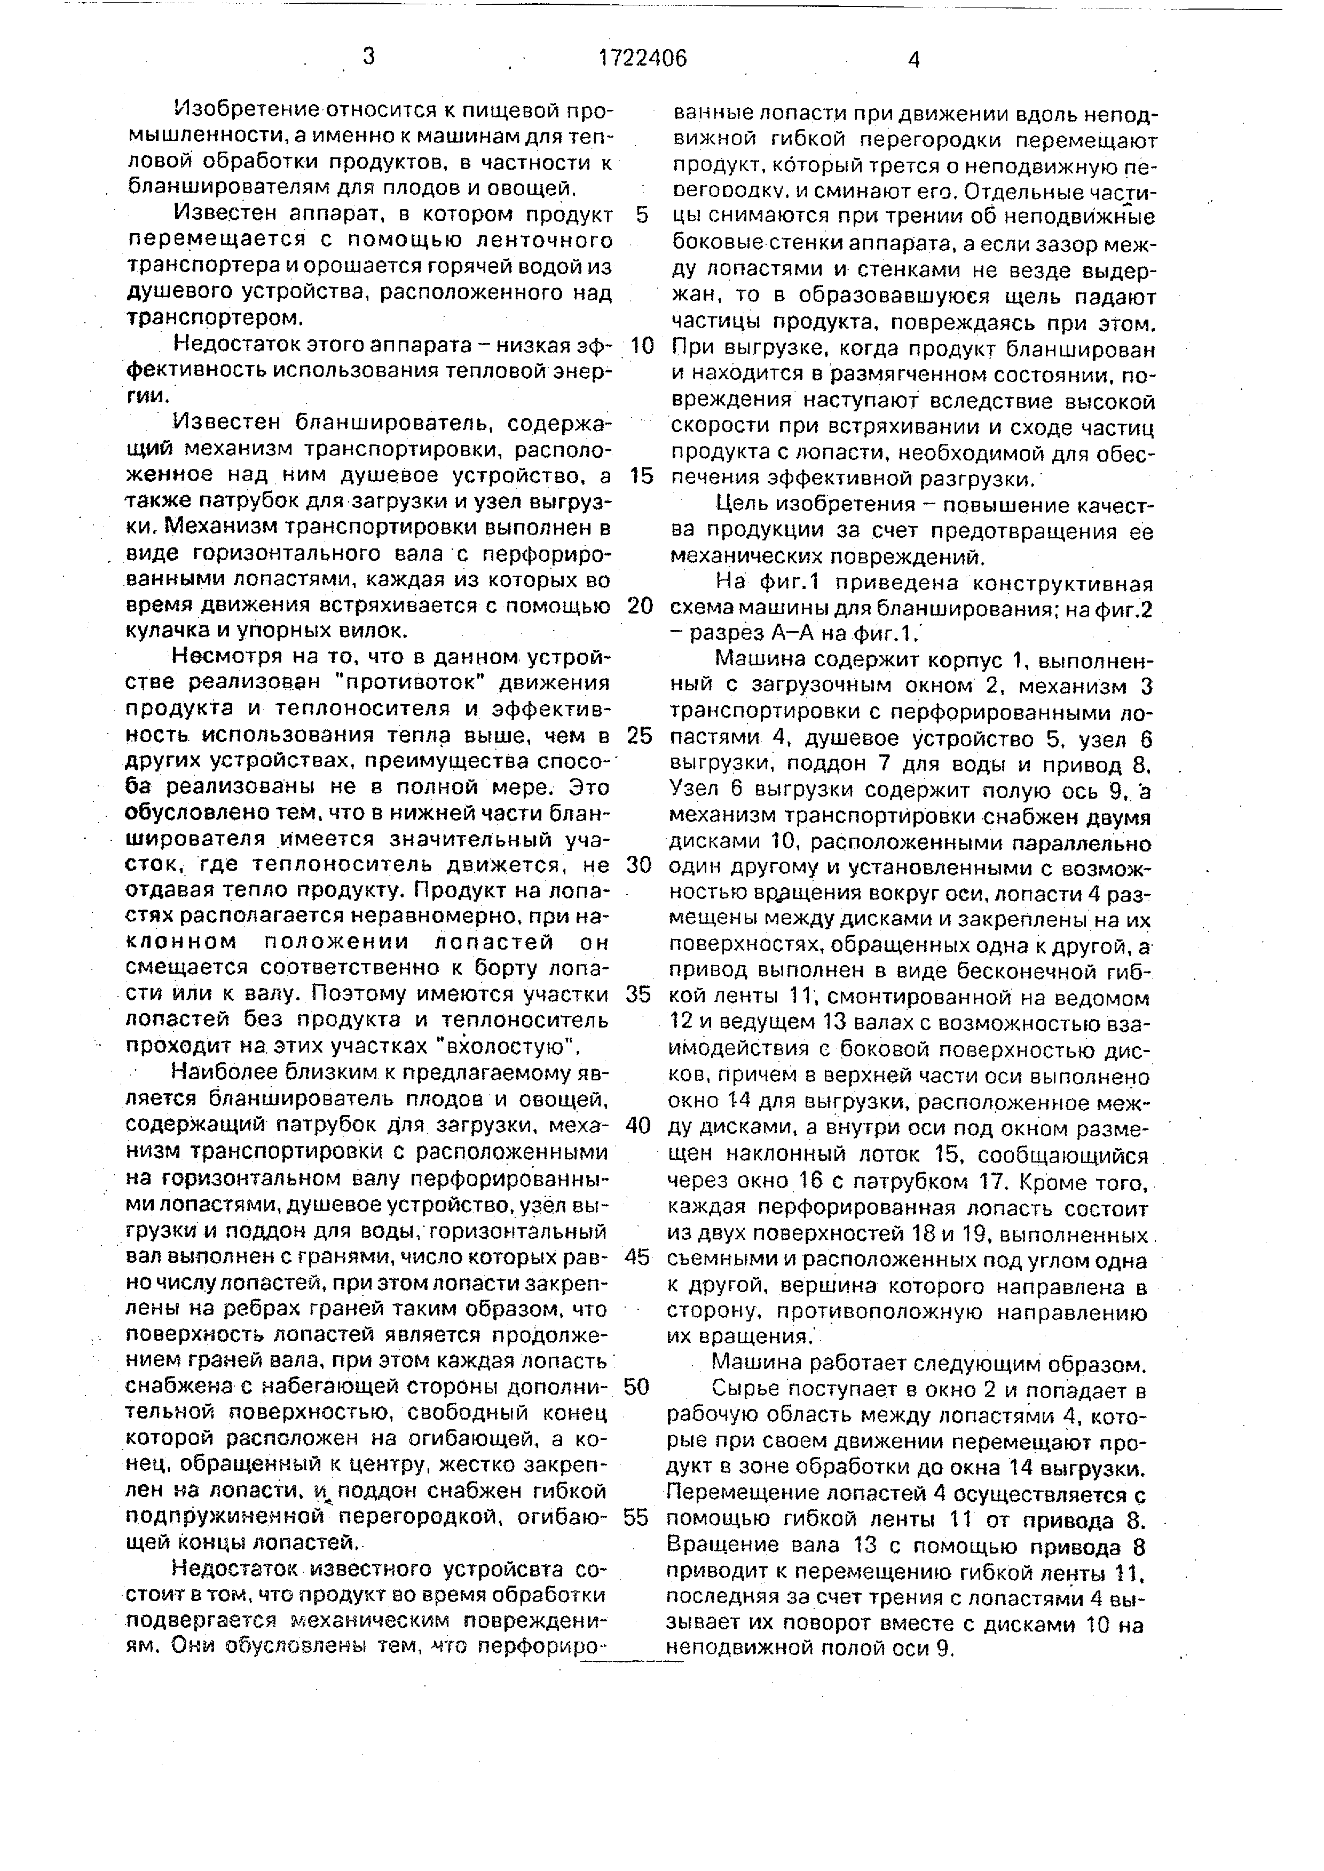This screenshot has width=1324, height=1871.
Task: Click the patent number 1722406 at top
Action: pyautogui.click(x=642, y=58)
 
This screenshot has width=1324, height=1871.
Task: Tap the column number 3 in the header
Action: pyautogui.click(x=369, y=56)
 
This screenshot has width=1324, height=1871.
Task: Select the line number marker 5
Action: pyautogui.click(x=642, y=215)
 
